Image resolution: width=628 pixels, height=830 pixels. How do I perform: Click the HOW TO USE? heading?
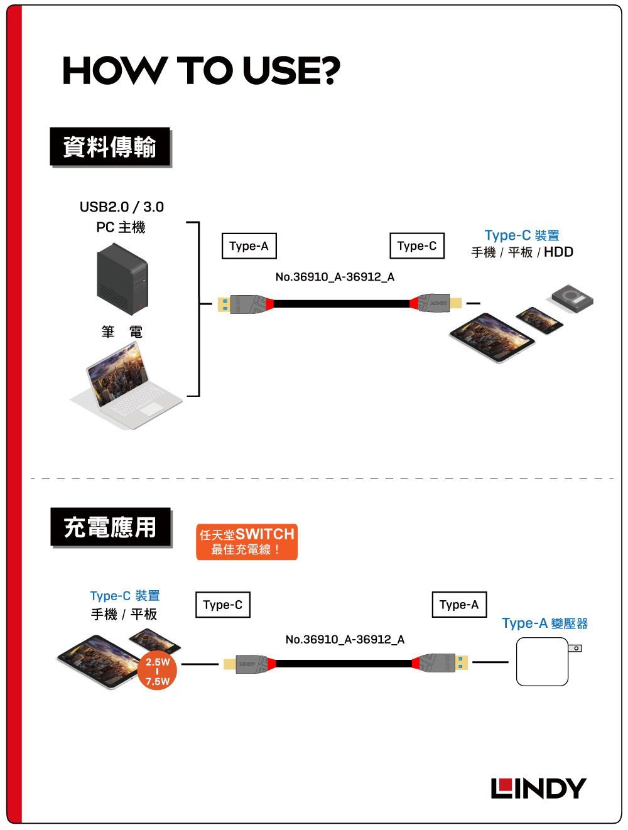pyautogui.click(x=201, y=70)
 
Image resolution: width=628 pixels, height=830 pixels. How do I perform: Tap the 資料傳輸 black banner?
pyautogui.click(x=110, y=147)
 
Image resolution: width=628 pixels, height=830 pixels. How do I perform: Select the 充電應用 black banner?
pyautogui.click(x=111, y=527)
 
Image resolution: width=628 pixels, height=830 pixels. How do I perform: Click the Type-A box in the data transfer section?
pyautogui.click(x=249, y=246)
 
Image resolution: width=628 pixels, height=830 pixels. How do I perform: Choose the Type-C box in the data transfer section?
pyautogui.click(x=417, y=245)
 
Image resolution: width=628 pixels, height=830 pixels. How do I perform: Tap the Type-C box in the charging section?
pyautogui.click(x=222, y=605)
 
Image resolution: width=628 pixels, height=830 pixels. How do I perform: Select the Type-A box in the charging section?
pyautogui.click(x=459, y=605)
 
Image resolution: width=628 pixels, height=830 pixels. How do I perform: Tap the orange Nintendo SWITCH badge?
pyautogui.click(x=247, y=541)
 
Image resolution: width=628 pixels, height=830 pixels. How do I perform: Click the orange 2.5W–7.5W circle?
pyautogui.click(x=158, y=671)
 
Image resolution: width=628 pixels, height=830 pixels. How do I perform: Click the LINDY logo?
pyautogui.click(x=538, y=788)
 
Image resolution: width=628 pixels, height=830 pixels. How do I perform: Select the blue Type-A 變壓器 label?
pyautogui.click(x=544, y=623)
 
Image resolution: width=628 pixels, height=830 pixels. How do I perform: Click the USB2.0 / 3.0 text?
pyautogui.click(x=122, y=207)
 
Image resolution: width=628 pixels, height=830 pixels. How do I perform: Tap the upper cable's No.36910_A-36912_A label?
pyautogui.click(x=335, y=277)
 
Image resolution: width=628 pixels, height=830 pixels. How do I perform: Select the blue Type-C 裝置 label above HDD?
pyautogui.click(x=522, y=235)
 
